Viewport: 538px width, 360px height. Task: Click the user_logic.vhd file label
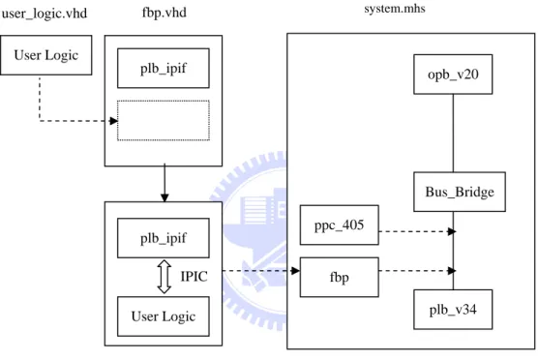click(x=45, y=14)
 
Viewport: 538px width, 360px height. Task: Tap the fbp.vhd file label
click(x=164, y=13)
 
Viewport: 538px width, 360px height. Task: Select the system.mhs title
click(x=395, y=9)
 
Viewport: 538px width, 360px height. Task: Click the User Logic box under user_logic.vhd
click(x=46, y=55)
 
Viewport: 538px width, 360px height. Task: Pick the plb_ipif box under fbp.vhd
click(x=164, y=69)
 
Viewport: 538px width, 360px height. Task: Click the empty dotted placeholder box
click(x=164, y=120)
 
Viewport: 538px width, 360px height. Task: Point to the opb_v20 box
click(x=453, y=75)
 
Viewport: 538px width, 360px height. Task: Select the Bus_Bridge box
click(x=460, y=192)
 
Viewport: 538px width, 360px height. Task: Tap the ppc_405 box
click(x=340, y=225)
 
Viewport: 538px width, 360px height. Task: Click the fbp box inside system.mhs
click(x=340, y=278)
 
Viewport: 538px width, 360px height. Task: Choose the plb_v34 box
click(x=453, y=310)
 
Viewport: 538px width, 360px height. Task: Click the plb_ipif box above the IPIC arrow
click(x=164, y=238)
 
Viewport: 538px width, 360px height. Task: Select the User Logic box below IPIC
click(x=164, y=316)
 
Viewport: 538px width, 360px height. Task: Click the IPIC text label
click(x=194, y=277)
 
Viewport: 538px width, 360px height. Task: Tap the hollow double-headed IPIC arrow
click(x=164, y=277)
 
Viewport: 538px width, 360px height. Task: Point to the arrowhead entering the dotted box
click(x=113, y=121)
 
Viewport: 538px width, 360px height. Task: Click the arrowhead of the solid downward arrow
click(x=164, y=197)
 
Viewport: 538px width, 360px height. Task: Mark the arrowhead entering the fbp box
click(x=295, y=271)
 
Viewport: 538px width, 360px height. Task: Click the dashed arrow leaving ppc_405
click(x=417, y=231)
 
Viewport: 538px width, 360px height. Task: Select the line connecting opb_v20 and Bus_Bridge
click(x=453, y=134)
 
